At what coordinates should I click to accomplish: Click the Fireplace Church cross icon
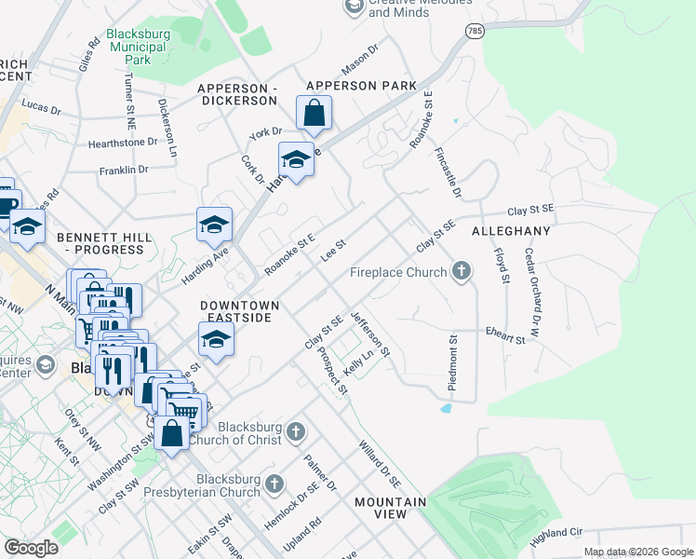pyautogui.click(x=460, y=272)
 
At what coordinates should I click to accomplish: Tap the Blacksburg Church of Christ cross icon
pyautogui.click(x=295, y=430)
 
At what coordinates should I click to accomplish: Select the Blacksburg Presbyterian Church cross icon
pyautogui.click(x=273, y=483)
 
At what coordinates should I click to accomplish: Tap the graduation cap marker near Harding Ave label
pyautogui.click(x=214, y=225)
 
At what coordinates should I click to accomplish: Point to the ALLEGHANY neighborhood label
pyautogui.click(x=511, y=230)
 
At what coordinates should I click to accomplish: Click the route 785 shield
pyautogui.click(x=475, y=31)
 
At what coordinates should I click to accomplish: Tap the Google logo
pyautogui.click(x=31, y=548)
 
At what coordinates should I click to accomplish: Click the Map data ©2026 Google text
pyautogui.click(x=637, y=552)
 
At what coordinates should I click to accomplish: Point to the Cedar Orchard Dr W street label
pyautogui.click(x=532, y=279)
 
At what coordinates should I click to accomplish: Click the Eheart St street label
pyautogui.click(x=505, y=335)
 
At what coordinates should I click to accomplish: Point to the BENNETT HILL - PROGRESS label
pyautogui.click(x=103, y=244)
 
